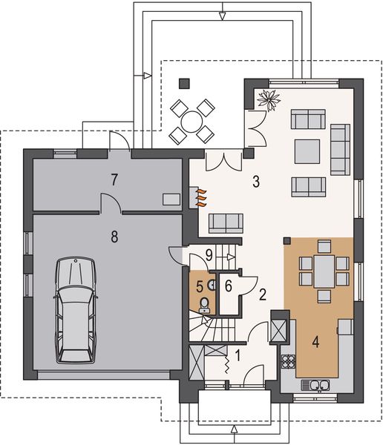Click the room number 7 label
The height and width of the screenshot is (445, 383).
pos(114,179)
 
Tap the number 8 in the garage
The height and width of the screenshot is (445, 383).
pos(114,237)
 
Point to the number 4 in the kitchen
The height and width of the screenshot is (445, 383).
pos(315,343)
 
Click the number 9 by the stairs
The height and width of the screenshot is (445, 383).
pos(209,254)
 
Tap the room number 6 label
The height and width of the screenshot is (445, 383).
pos(228,285)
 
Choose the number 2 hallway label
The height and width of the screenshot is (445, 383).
pos(263,294)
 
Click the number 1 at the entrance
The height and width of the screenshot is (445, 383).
pos(238,355)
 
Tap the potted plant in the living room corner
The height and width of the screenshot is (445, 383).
pos(266,98)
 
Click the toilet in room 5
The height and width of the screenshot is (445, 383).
pos(206,303)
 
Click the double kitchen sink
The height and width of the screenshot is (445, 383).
pos(315,384)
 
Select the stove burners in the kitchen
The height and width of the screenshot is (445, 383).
pos(288,363)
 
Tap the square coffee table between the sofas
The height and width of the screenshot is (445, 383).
pos(307,151)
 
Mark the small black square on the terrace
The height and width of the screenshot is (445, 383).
pos(184,82)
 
